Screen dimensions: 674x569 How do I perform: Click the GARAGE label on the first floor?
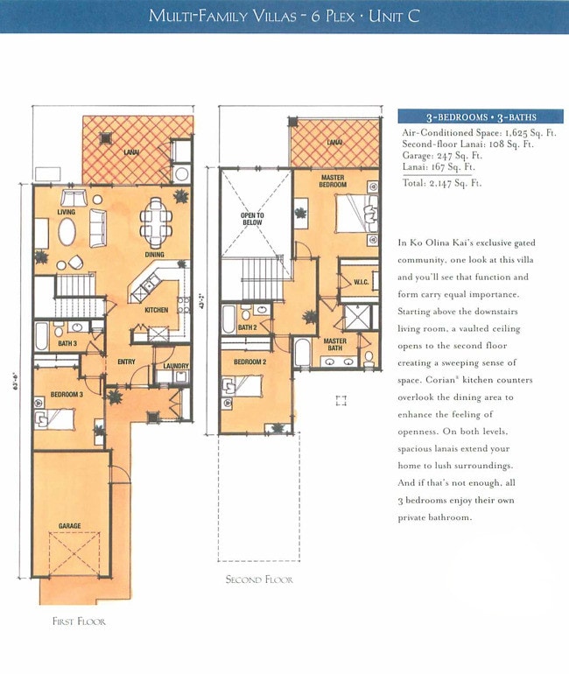coord(70,526)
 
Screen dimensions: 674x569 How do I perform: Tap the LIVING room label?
coord(67,212)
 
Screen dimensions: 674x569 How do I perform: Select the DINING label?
coord(154,255)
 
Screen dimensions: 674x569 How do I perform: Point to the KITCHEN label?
coord(156,310)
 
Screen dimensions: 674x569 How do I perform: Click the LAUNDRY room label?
coord(175,355)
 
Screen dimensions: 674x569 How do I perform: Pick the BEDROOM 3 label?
coord(67,395)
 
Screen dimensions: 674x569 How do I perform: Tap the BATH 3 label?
coord(67,343)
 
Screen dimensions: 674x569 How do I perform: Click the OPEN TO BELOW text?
coord(253,218)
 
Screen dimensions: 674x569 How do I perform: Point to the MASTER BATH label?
coord(334,345)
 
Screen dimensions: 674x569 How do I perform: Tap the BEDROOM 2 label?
coord(249,361)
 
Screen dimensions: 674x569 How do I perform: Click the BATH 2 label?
coord(247,327)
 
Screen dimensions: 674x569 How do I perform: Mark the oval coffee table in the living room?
coord(67,233)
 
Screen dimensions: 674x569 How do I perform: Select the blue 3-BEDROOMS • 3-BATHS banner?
coord(481,116)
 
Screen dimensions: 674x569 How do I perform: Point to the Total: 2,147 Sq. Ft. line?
coord(442,184)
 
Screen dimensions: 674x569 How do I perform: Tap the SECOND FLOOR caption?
coord(259,579)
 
